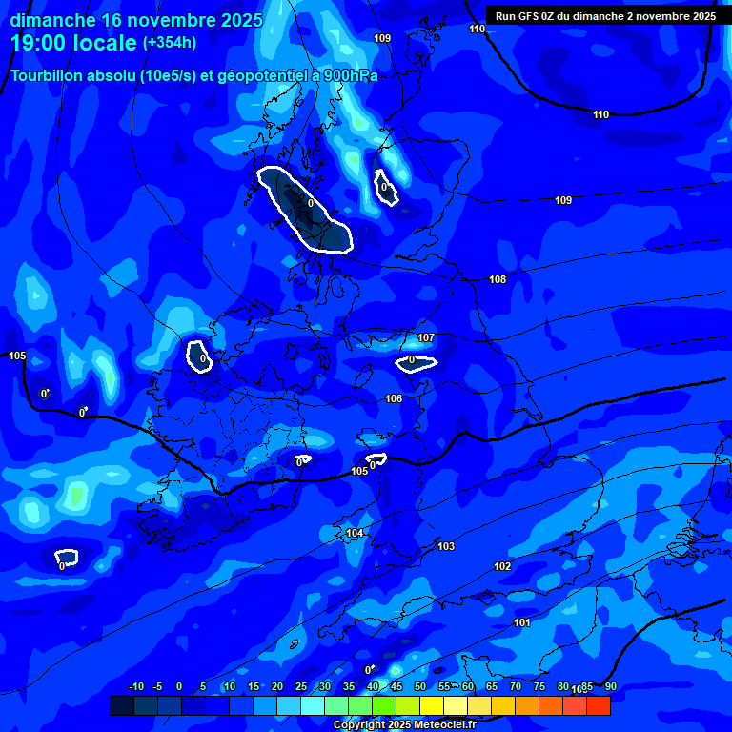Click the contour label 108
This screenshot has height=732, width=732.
click(x=498, y=279)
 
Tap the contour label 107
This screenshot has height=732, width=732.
click(x=426, y=338)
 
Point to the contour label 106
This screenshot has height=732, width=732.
click(x=394, y=398)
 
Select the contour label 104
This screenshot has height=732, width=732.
click(x=355, y=533)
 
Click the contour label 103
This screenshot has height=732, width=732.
click(x=446, y=546)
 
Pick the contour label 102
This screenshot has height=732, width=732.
click(x=502, y=566)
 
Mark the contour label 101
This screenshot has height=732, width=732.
click(x=522, y=622)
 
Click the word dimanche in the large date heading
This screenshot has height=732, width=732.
click(x=52, y=20)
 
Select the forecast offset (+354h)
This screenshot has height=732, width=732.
click(x=170, y=43)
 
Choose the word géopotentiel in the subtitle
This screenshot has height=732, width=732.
click(x=259, y=76)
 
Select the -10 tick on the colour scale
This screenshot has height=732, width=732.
click(x=135, y=686)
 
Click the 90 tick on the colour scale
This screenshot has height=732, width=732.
click(x=610, y=686)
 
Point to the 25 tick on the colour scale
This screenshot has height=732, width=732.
click(x=301, y=686)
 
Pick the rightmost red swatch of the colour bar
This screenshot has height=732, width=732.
click(x=598, y=705)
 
